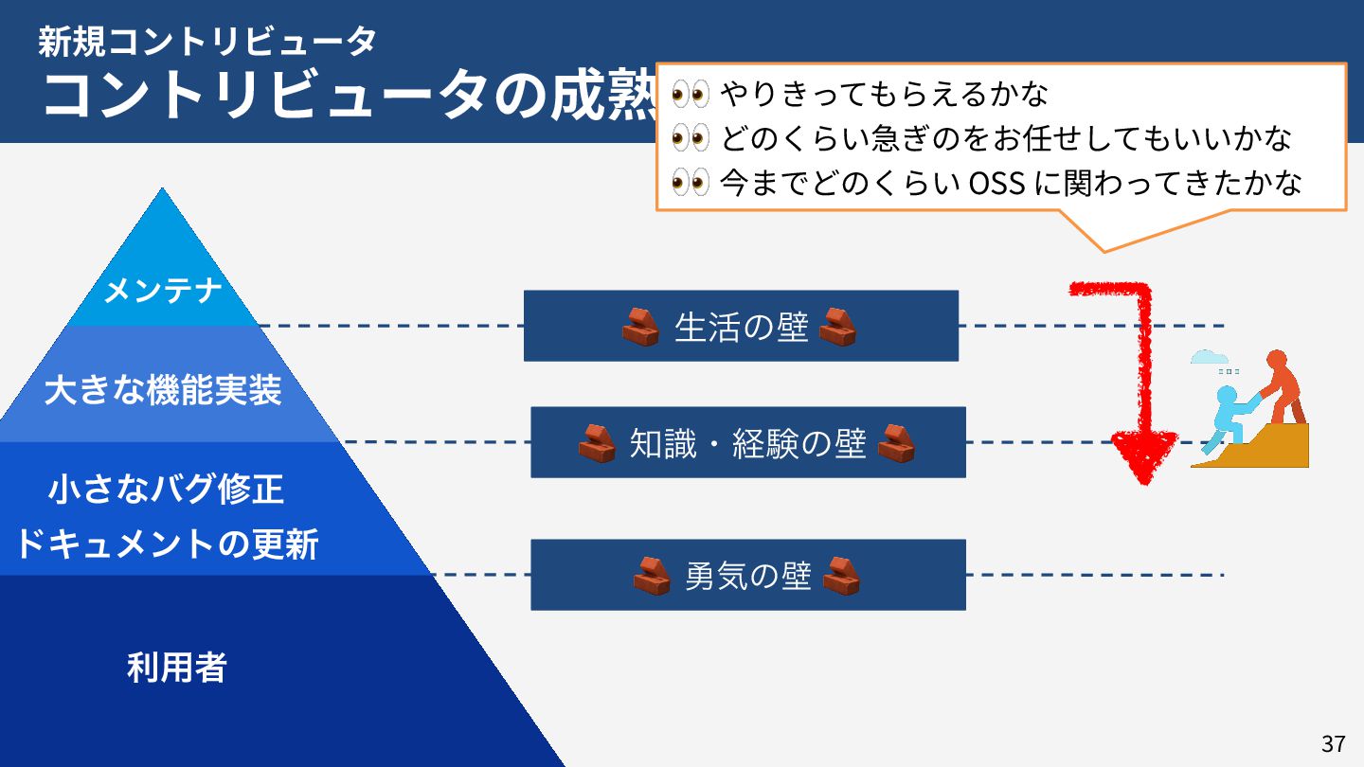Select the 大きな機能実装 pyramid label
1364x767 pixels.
[163, 390]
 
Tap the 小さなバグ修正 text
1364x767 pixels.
[166, 490]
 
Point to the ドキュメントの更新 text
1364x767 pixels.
[167, 544]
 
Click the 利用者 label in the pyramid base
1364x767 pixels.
[177, 668]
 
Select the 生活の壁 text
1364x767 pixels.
[741, 327]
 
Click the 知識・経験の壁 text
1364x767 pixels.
[747, 443]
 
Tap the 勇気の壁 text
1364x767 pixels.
[747, 576]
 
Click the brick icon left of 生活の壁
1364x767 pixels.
[640, 327]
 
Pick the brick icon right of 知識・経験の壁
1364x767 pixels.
[895, 443]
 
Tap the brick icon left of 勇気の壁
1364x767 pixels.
[652, 576]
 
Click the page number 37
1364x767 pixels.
[1333, 743]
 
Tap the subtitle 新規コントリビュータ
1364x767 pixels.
[207, 41]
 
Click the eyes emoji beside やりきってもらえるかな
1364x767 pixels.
[690, 94]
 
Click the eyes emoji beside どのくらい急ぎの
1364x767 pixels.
[690, 138]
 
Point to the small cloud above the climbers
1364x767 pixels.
[1209, 357]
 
